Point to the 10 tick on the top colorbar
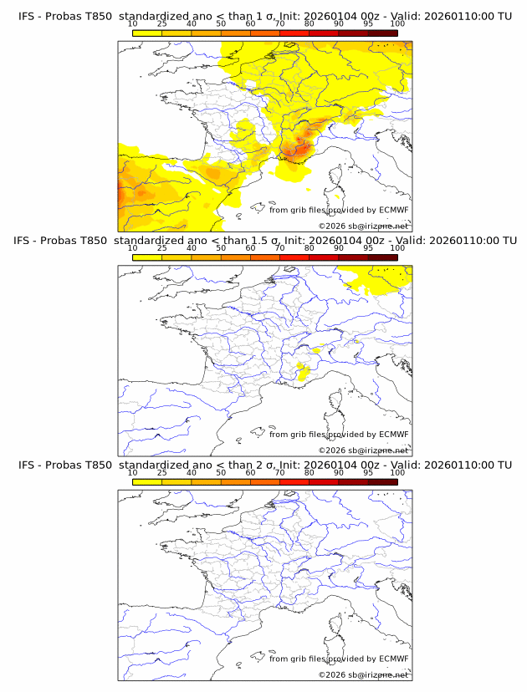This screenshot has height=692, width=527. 133,24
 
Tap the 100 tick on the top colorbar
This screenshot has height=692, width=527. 397,24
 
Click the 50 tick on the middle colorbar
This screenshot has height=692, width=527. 221,248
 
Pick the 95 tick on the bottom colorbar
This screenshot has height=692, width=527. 368,472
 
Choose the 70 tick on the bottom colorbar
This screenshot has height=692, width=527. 279,472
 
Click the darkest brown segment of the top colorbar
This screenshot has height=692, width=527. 382,33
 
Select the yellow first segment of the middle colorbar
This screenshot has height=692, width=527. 147,257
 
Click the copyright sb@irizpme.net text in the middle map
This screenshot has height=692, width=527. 363,450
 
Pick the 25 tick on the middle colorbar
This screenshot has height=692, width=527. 162,248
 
